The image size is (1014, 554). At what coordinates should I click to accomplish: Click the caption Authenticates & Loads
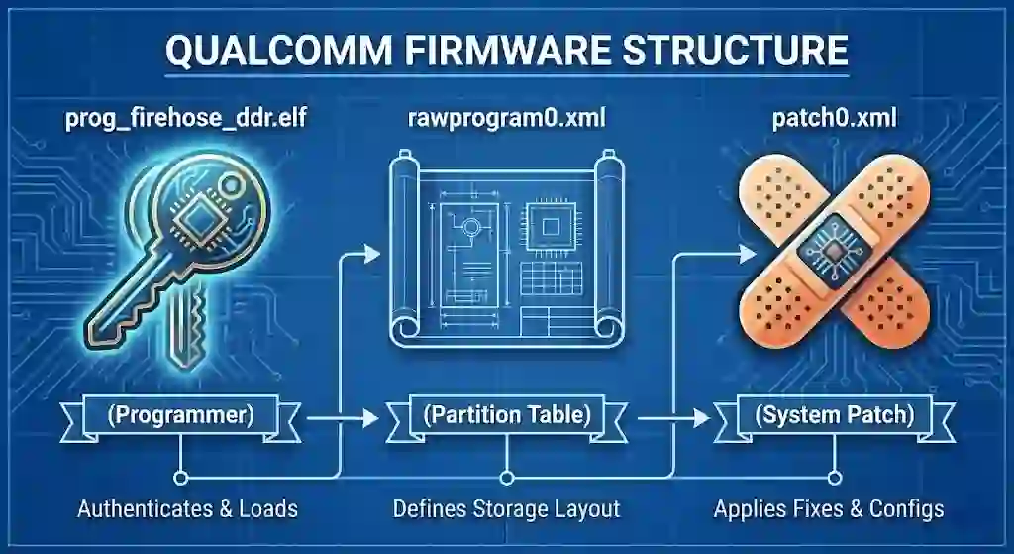click(x=187, y=509)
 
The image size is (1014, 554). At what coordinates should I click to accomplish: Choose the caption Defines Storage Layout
click(x=506, y=509)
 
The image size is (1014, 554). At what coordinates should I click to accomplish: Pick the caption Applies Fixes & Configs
click(x=829, y=509)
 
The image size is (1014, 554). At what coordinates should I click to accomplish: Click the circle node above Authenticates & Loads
click(x=180, y=477)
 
